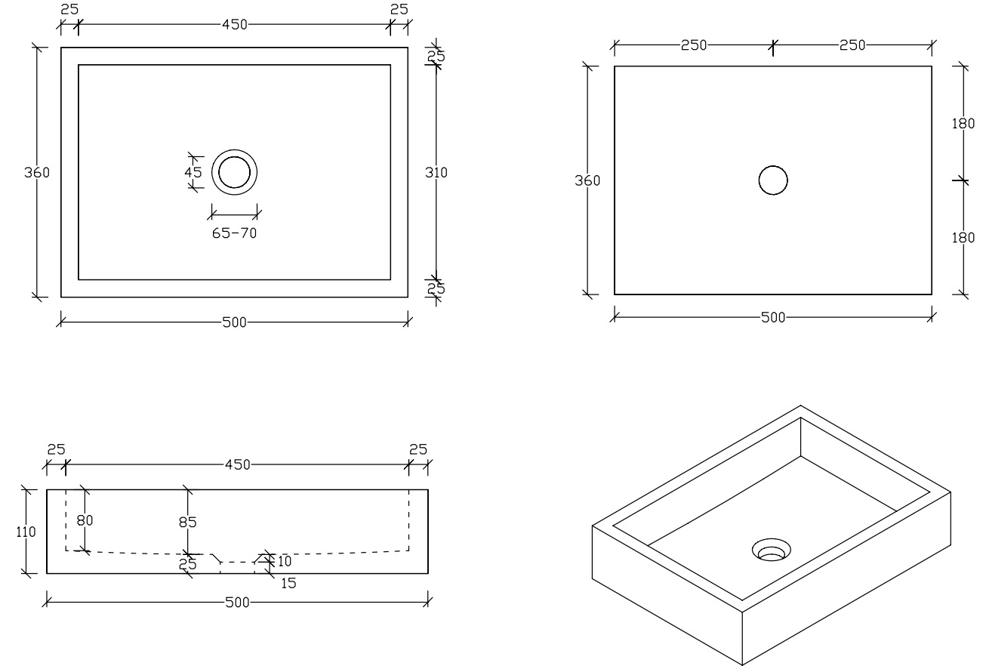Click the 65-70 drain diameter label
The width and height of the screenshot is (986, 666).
(x=234, y=233)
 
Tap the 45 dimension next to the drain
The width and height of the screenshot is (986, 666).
(x=193, y=172)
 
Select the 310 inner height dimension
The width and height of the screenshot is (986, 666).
(x=436, y=172)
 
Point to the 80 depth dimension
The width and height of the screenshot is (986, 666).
(x=85, y=520)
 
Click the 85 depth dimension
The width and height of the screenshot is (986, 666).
(x=187, y=522)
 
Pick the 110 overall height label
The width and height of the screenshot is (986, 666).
(x=26, y=532)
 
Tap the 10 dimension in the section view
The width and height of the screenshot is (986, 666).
(x=285, y=561)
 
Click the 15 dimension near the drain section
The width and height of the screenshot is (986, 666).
(x=288, y=583)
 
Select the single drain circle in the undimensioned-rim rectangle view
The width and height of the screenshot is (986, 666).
(x=773, y=166)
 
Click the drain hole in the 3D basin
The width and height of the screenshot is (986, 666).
(x=771, y=550)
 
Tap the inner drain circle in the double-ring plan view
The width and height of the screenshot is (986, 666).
(x=234, y=157)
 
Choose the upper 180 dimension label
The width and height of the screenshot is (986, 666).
(x=963, y=124)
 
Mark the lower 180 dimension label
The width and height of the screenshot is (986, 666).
(x=963, y=238)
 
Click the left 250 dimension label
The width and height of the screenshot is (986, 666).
(x=694, y=45)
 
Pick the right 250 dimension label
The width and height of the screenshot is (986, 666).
(x=852, y=45)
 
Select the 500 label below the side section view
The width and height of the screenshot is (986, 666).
(x=237, y=602)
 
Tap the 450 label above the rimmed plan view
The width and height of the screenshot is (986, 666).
(x=234, y=24)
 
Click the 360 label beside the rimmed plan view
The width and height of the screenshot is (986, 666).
(x=37, y=172)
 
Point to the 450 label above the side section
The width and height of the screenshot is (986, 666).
(x=237, y=464)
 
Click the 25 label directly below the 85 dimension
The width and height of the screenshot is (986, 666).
(x=187, y=564)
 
